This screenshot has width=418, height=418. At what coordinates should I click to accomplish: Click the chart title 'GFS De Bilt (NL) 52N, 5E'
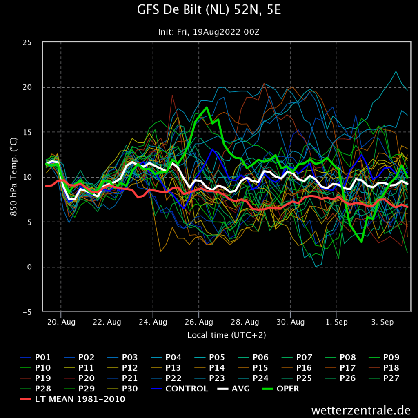click(x=209, y=10)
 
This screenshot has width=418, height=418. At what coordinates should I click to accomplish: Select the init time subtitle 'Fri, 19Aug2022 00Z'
click(x=218, y=32)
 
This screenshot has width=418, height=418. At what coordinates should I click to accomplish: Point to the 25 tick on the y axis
click(x=27, y=42)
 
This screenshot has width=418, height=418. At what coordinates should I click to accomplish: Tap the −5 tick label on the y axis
click(x=27, y=312)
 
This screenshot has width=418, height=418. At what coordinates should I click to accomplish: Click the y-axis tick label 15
click(x=27, y=133)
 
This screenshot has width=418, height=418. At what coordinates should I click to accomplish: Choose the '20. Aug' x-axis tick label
click(x=61, y=322)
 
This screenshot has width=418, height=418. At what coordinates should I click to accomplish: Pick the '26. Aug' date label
click(x=199, y=322)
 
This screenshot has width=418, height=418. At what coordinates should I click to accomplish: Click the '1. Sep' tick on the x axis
click(x=336, y=322)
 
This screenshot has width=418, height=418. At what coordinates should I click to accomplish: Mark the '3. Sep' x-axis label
click(x=382, y=322)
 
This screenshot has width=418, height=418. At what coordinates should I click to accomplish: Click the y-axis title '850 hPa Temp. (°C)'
click(x=13, y=177)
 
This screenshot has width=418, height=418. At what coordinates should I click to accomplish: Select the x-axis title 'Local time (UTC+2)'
click(x=227, y=335)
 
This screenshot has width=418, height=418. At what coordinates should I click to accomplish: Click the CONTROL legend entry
click(x=180, y=389)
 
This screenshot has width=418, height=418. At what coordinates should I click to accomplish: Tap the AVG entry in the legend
click(x=233, y=389)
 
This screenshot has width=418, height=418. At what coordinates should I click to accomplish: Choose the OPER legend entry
click(x=281, y=389)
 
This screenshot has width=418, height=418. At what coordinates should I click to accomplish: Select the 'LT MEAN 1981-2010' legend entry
click(x=73, y=399)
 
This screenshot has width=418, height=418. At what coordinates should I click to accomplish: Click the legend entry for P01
click(x=36, y=357)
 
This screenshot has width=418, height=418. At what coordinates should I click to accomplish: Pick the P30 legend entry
click(x=122, y=389)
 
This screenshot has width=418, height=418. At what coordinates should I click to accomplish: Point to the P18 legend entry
click(x=384, y=368)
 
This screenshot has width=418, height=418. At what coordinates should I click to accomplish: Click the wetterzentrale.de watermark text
click(x=361, y=410)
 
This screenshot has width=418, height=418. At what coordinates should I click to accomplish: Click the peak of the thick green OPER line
click(x=207, y=107)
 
